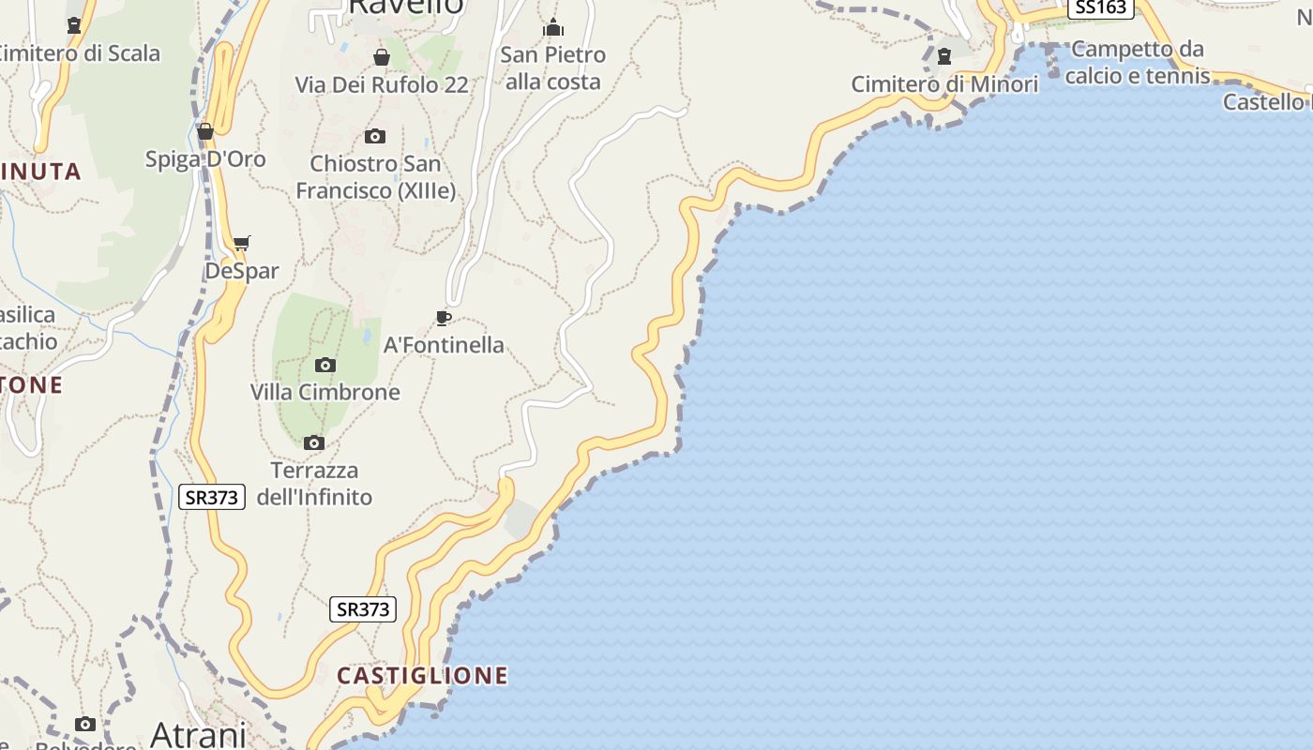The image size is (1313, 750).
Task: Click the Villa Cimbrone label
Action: click(324, 392)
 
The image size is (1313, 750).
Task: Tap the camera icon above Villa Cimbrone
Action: click(325, 365)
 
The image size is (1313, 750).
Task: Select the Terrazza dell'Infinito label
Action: click(314, 483)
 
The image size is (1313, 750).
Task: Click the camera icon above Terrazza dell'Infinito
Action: click(314, 442)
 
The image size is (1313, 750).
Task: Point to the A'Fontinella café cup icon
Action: click(444, 319)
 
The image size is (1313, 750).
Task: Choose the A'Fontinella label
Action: click(444, 345)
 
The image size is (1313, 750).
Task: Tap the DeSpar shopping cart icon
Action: click(242, 244)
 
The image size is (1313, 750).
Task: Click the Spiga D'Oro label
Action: click(205, 158)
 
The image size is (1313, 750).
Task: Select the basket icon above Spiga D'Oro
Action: click(205, 131)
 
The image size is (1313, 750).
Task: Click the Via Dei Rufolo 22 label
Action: click(382, 84)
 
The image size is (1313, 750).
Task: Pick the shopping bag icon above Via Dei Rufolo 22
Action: click(382, 58)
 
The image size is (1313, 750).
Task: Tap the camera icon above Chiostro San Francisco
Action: click(375, 137)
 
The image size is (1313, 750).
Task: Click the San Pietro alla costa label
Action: click(553, 67)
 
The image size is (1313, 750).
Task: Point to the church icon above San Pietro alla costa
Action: click(553, 27)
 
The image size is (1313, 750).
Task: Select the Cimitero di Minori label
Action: click(944, 84)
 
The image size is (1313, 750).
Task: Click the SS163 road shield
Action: click(1100, 7)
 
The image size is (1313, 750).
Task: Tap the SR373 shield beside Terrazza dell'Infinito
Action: click(212, 497)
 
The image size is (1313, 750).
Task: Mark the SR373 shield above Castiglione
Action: click(363, 609)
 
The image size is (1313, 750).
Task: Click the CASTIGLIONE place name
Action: click(422, 675)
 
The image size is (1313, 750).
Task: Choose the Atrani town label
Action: click(198, 733)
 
